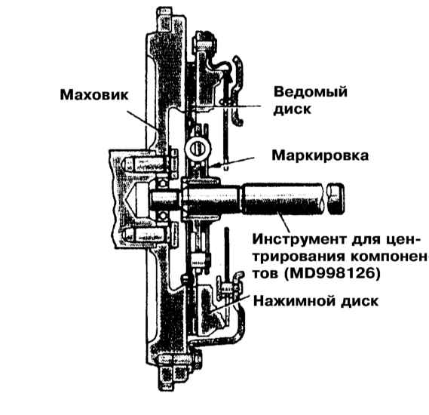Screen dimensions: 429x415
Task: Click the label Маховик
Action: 94,95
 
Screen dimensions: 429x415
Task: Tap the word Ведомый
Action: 311,92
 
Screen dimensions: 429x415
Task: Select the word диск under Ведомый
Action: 293,109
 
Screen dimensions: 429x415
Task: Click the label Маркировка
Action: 320,155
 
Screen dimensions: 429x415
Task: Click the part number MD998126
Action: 332,274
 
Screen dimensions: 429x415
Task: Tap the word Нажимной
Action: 294,301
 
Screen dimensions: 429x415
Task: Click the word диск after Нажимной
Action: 360,301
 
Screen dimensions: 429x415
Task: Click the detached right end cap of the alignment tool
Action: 336,198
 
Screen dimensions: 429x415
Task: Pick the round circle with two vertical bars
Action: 198,149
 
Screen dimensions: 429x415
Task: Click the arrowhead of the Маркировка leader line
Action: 216,165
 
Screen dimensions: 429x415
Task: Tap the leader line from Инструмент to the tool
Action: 283,223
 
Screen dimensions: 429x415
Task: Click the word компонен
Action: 388,257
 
